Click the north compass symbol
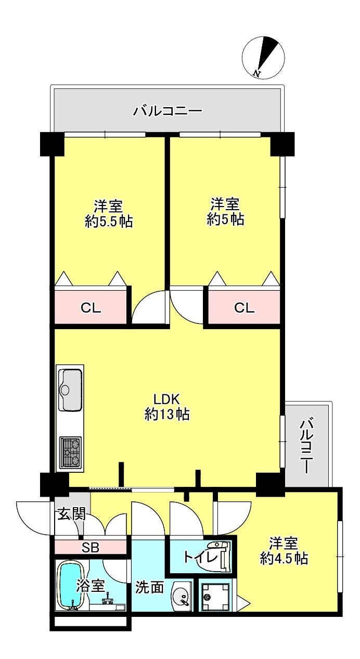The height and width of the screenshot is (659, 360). pos(264,58)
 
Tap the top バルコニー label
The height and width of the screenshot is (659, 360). pos(168,111)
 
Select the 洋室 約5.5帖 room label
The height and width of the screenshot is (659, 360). pos(109,213)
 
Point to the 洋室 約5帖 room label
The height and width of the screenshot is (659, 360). pos(225,211)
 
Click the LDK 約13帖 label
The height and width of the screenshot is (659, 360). pos(166,407)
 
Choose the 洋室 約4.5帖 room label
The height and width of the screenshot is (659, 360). pos(284,551)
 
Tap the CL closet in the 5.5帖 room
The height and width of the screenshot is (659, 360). pos(91,307)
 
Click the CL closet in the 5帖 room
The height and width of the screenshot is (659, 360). pos(244,307)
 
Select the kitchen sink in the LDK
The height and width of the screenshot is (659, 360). pos(70,390)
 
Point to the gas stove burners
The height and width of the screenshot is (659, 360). pos(70,453)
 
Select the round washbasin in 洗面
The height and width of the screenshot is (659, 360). pos(181,596)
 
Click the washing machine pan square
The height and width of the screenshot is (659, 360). pos(216,596)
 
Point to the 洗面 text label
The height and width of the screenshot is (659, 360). pos(149,588)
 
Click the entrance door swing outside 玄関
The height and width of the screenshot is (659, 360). pos(34,518)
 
